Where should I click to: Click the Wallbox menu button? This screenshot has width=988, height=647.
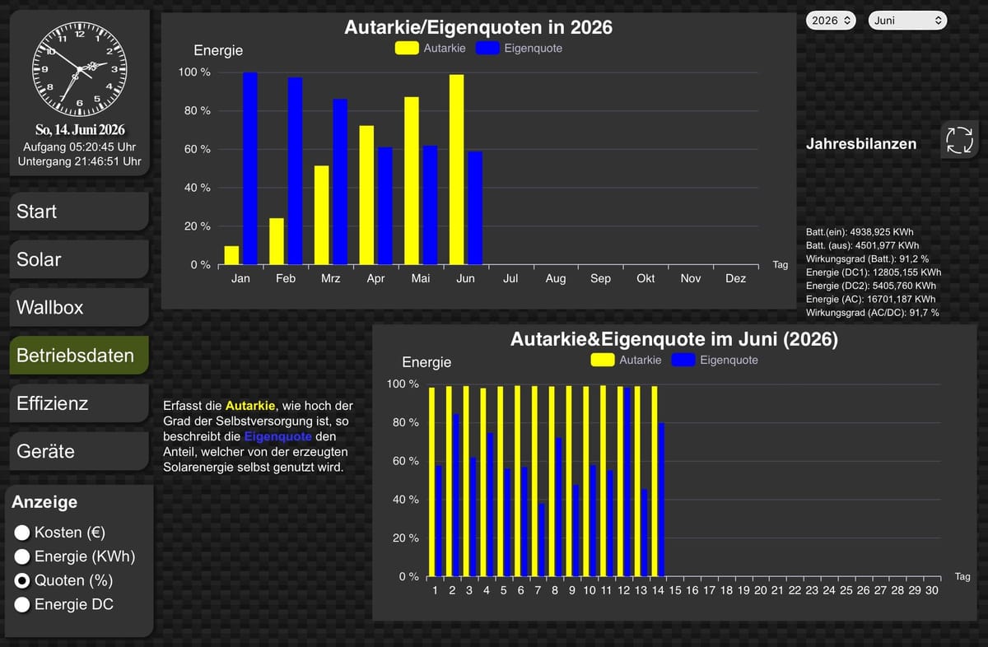[x=79, y=307]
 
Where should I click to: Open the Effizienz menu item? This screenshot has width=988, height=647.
[x=79, y=403]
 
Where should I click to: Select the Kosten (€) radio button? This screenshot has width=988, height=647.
[x=21, y=533]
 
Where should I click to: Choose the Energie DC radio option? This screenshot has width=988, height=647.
[x=21, y=604]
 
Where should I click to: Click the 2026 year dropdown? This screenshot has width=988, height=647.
[x=831, y=21]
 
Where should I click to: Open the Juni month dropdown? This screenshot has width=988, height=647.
[x=907, y=21]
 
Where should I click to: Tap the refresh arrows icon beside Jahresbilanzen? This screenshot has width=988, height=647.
[x=959, y=140]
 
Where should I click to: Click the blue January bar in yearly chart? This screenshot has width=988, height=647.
[x=250, y=169]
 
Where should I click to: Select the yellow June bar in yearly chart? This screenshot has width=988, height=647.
[x=456, y=170]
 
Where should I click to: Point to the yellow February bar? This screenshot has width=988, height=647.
[x=277, y=241]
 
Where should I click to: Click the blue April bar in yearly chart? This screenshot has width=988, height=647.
[x=385, y=206]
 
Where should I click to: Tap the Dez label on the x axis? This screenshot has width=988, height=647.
[x=735, y=279]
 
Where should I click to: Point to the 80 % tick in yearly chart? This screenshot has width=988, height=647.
[x=197, y=110]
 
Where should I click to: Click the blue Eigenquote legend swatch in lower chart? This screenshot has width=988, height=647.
[x=683, y=360]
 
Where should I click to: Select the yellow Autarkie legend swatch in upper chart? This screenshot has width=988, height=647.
[x=407, y=48]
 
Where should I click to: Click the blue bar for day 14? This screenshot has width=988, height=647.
[x=662, y=500]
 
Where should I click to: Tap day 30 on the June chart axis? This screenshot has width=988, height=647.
[x=931, y=590]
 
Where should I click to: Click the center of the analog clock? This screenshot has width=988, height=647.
[x=79, y=69]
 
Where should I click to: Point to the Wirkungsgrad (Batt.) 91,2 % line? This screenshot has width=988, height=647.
[x=867, y=259]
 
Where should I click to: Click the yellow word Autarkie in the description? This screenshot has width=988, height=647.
[x=250, y=406]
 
